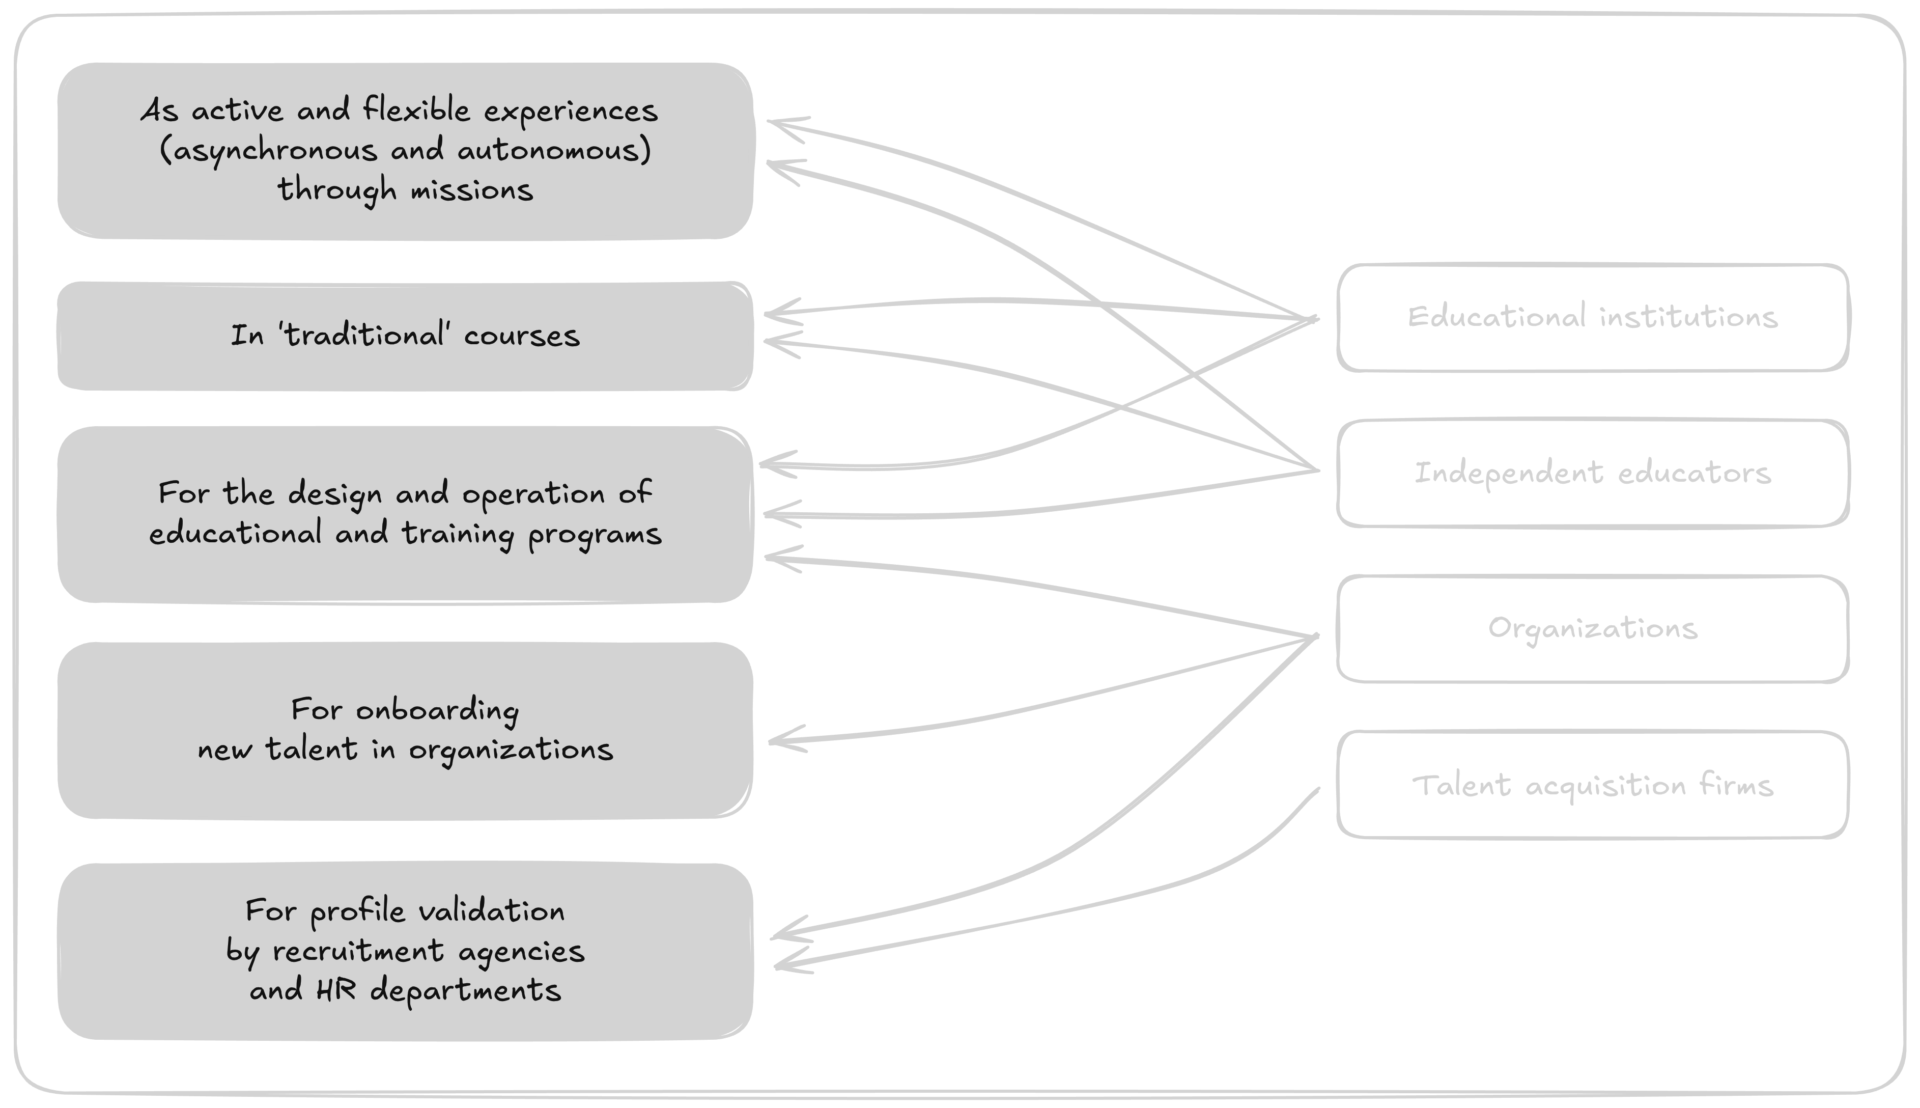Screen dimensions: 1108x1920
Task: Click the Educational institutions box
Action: (x=1592, y=317)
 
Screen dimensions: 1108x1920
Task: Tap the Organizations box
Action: (x=1592, y=628)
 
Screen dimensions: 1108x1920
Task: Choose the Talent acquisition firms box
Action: (x=1592, y=785)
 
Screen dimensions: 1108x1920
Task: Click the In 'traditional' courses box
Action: (x=405, y=336)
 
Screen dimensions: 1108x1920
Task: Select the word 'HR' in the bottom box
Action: (x=336, y=990)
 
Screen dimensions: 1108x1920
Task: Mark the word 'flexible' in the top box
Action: (x=416, y=110)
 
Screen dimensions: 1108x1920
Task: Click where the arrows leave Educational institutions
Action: (x=1314, y=319)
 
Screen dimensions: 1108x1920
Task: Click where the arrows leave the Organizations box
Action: (x=1314, y=636)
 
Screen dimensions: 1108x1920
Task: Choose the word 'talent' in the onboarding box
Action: (x=311, y=750)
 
